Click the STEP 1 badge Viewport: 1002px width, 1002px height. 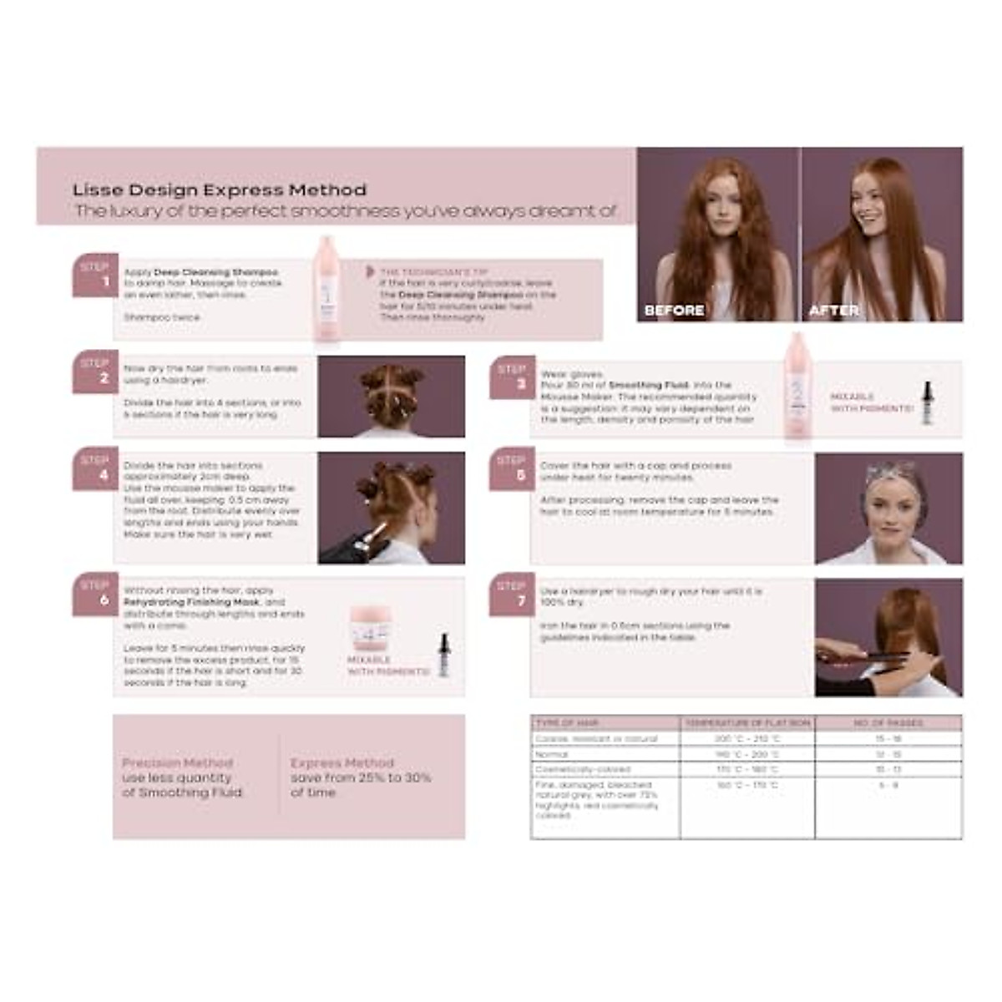[95, 275]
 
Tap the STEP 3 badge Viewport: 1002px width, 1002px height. [512, 377]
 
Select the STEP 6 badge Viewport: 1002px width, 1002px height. [95, 593]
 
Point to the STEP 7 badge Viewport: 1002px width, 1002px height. [512, 594]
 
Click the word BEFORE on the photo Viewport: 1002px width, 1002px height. [674, 311]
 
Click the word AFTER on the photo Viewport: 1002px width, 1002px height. [834, 311]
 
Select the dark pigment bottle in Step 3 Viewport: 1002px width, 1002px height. [926, 402]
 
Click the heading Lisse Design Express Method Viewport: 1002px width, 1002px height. [219, 190]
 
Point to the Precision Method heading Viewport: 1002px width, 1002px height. [178, 763]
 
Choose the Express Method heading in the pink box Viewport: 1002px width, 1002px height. [342, 763]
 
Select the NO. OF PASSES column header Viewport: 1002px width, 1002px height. [888, 723]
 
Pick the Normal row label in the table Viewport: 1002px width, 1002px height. [551, 754]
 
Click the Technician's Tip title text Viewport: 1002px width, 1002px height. [434, 272]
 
